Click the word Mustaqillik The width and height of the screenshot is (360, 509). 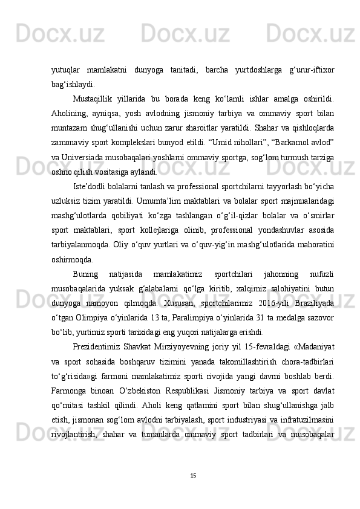[93, 97]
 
